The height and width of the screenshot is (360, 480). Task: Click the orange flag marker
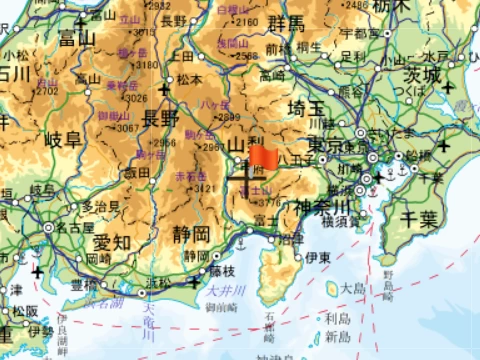click(264, 157)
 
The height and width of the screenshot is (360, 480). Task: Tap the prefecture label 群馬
click(283, 25)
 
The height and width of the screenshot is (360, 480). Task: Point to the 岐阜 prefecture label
click(59, 138)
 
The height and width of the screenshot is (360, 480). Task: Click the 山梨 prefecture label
click(245, 147)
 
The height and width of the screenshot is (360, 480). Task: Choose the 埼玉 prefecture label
click(309, 108)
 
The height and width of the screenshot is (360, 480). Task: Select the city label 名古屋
click(76, 228)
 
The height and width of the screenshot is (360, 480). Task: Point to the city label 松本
click(190, 79)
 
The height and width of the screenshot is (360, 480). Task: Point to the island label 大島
click(351, 287)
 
